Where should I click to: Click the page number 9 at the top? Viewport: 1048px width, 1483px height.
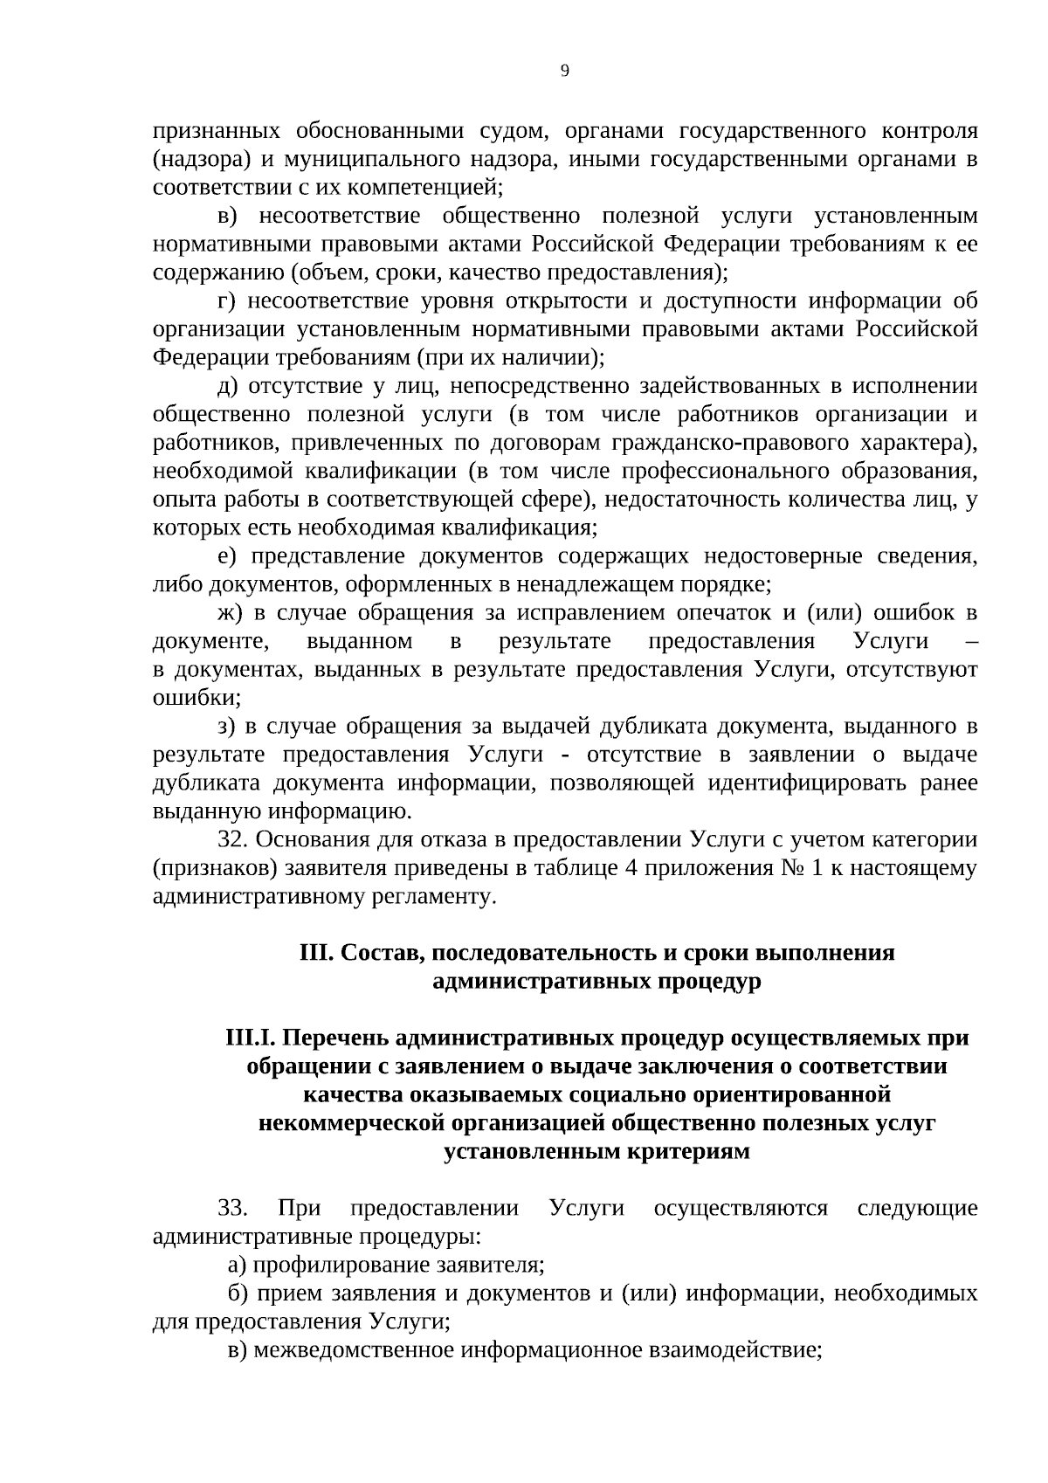[564, 72]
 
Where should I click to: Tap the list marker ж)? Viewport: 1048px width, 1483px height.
[229, 613]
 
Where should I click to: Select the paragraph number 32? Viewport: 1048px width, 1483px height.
[233, 840]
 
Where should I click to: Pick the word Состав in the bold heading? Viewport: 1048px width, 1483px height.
[377, 953]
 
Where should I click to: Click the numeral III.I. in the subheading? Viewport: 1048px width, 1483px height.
[250, 1038]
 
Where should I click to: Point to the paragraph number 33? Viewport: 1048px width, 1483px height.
[233, 1209]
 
